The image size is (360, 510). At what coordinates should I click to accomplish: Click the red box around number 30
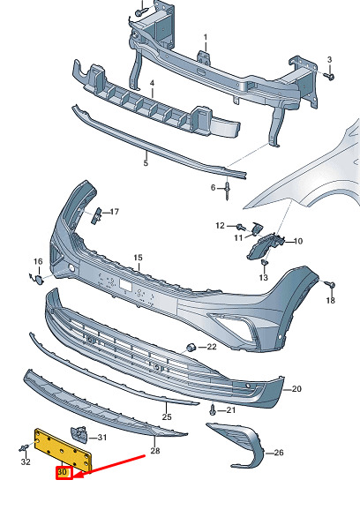click(64, 473)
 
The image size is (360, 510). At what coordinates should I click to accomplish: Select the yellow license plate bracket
click(63, 448)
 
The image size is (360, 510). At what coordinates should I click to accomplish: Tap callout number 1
click(206, 38)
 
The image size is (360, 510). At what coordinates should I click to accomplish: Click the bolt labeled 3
click(330, 77)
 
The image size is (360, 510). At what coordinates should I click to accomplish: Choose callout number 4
click(152, 83)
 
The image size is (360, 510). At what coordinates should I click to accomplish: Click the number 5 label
click(146, 162)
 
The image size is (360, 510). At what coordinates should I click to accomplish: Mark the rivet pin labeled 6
click(227, 191)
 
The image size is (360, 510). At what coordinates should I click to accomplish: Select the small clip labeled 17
click(96, 215)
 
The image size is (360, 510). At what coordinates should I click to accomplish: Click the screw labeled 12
click(240, 227)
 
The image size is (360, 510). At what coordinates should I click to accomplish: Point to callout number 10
click(298, 241)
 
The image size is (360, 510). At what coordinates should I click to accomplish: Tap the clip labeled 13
click(264, 262)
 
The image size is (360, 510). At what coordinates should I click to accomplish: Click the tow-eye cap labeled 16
click(38, 280)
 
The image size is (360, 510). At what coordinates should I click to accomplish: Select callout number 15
click(139, 258)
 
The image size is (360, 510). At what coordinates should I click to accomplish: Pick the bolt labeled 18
click(330, 285)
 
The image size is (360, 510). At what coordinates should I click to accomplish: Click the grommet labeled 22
click(191, 348)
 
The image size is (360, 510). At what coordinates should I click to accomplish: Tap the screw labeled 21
click(213, 410)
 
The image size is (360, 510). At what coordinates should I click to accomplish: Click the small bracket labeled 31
click(79, 434)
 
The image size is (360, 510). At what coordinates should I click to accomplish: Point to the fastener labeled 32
click(23, 449)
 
